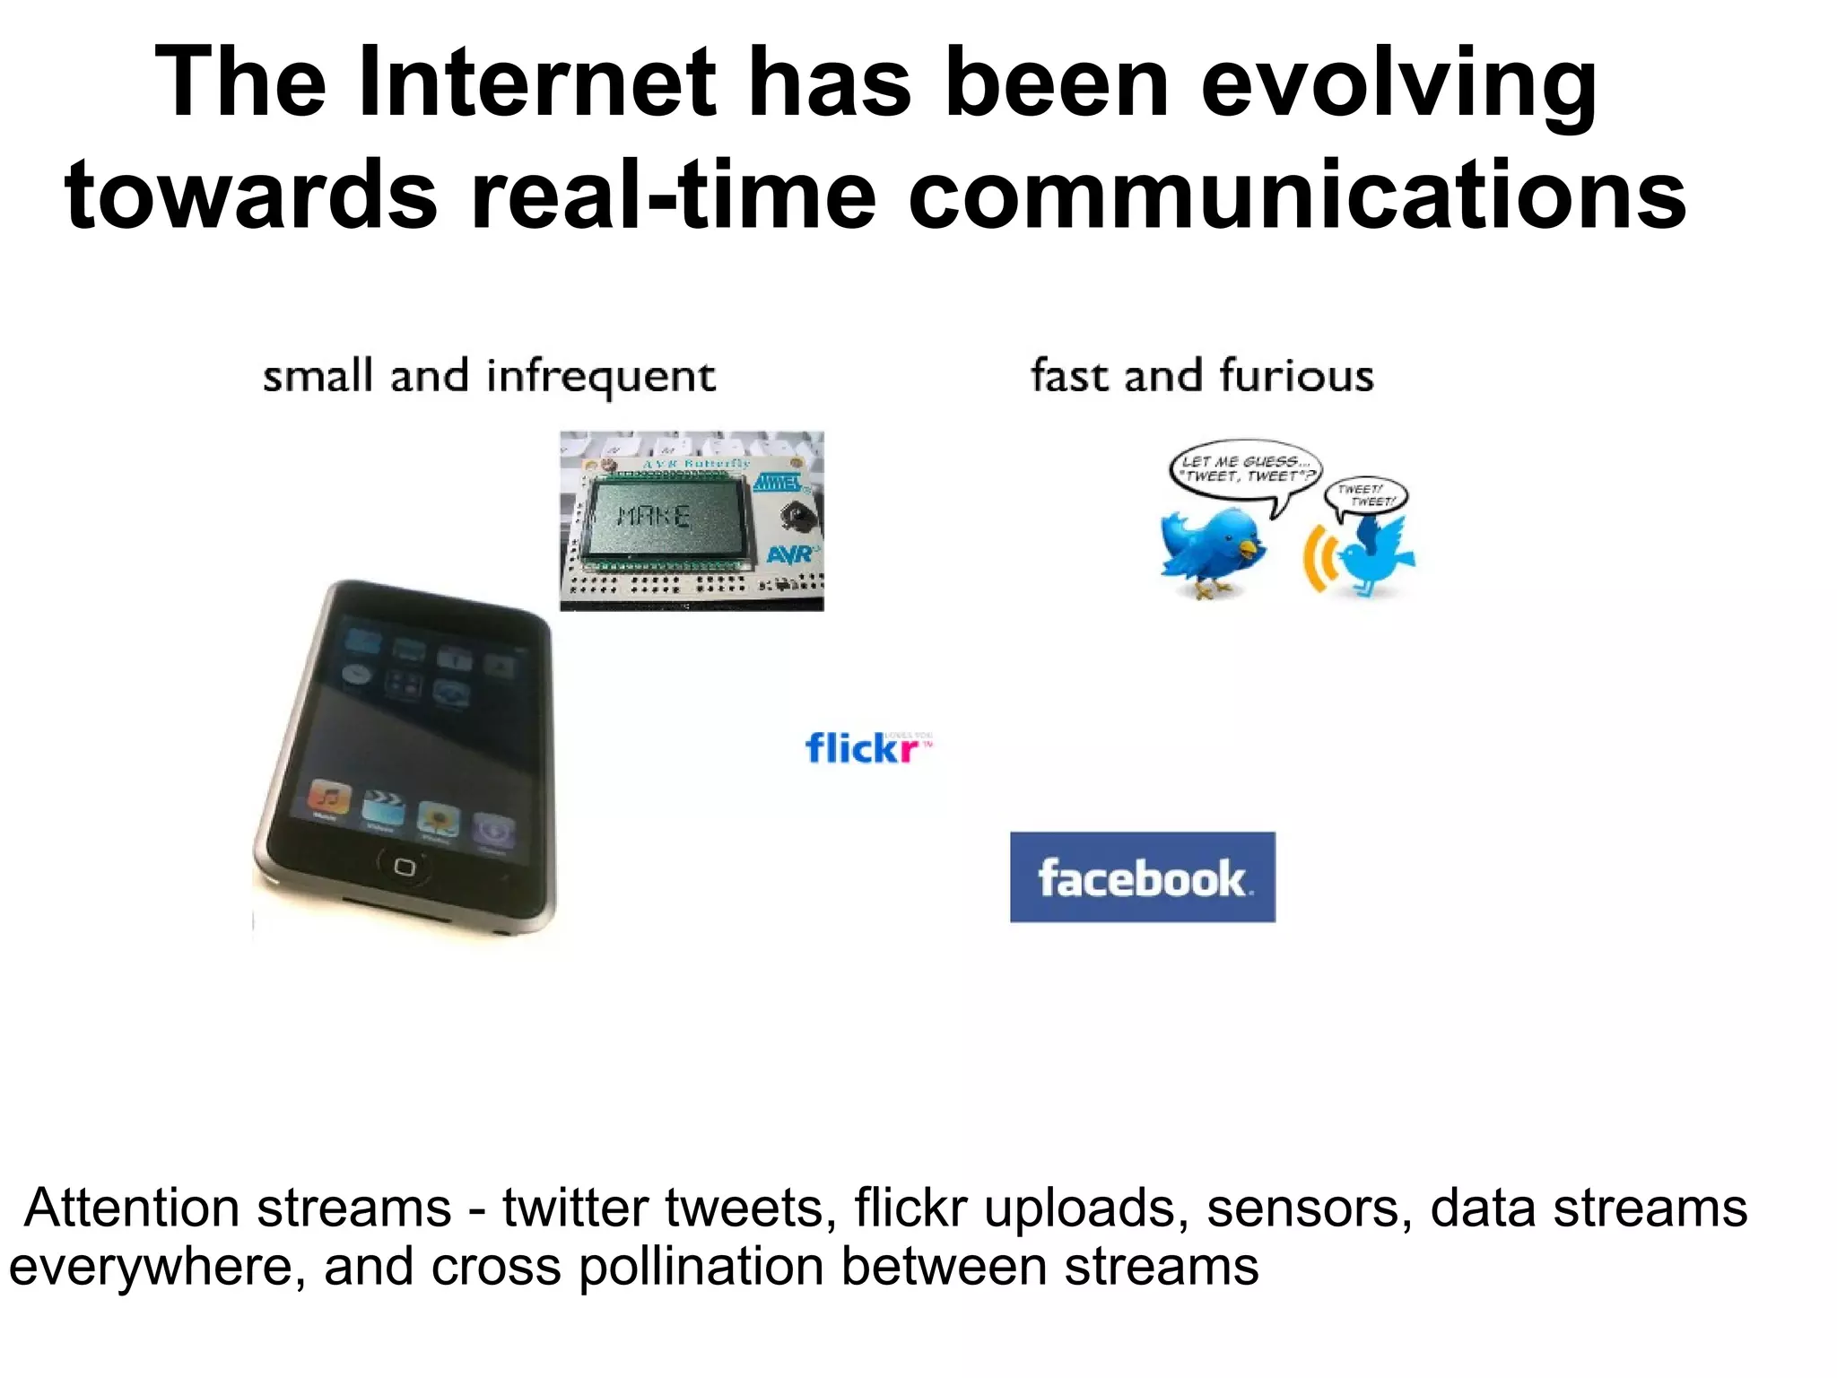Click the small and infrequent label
click(x=489, y=376)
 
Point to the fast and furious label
click(x=1202, y=376)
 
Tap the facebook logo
click(x=1142, y=877)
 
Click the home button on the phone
click(x=404, y=867)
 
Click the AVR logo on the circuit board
click(x=790, y=554)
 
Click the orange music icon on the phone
click(x=329, y=797)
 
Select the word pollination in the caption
click(x=701, y=1267)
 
